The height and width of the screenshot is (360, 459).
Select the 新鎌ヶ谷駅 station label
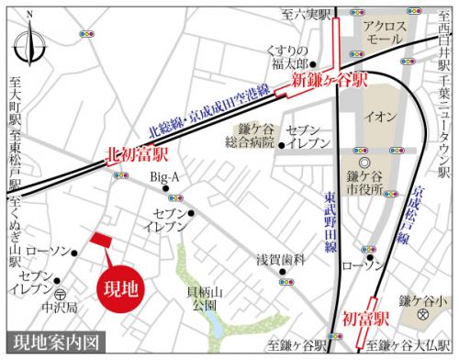pos(330,83)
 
